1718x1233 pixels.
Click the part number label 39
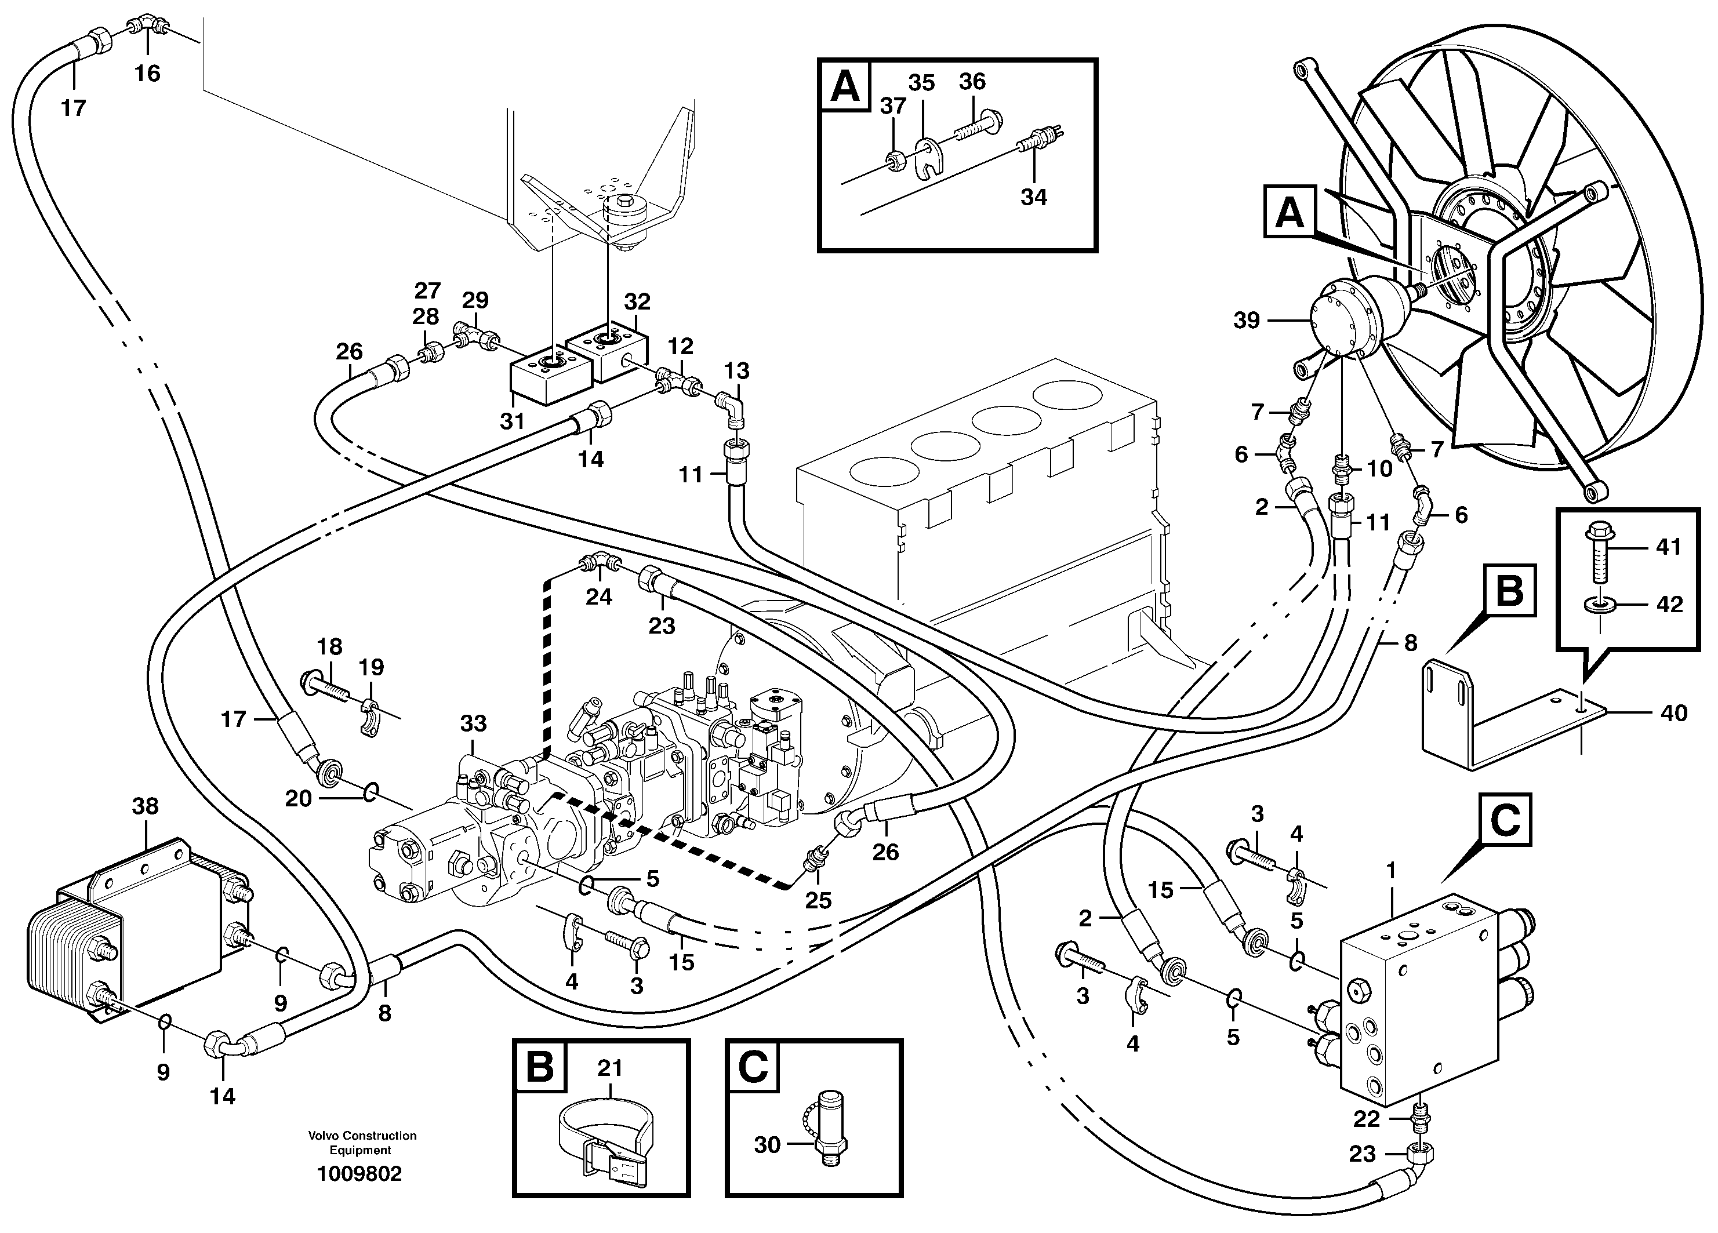tap(1246, 321)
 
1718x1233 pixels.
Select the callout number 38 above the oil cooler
tap(146, 806)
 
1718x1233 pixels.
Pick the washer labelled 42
tap(1599, 605)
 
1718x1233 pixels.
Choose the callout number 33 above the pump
tap(474, 723)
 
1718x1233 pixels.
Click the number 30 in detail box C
tap(767, 1144)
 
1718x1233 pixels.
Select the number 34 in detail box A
tap(1033, 197)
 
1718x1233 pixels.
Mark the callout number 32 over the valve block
tap(637, 302)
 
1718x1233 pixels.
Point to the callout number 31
tap(512, 420)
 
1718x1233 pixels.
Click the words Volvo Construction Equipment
tap(361, 1144)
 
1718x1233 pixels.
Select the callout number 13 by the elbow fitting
tap(736, 370)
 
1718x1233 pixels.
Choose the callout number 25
tap(818, 900)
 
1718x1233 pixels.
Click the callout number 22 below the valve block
tap(1367, 1119)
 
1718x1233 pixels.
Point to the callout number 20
tap(299, 798)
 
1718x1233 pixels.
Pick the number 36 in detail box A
tap(972, 81)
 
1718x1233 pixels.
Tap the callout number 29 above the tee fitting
tap(475, 300)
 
